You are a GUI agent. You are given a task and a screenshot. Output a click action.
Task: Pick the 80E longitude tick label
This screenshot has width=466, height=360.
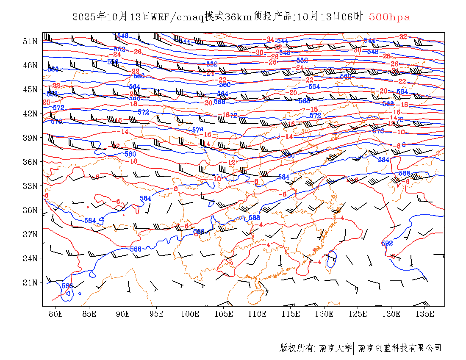click(56, 314)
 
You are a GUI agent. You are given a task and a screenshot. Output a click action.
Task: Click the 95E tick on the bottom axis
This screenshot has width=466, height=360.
click(157, 314)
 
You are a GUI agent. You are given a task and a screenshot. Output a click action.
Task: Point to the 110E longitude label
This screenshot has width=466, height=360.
click(257, 314)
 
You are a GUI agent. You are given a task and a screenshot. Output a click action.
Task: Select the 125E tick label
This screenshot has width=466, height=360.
click(358, 314)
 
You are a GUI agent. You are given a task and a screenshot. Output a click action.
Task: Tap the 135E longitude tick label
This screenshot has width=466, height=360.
click(425, 314)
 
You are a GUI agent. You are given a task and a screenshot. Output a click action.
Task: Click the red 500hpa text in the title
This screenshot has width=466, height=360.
click(389, 17)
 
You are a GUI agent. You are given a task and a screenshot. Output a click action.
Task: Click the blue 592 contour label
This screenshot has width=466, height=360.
click(387, 243)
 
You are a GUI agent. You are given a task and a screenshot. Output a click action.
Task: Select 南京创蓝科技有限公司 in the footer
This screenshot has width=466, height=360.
click(399, 348)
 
